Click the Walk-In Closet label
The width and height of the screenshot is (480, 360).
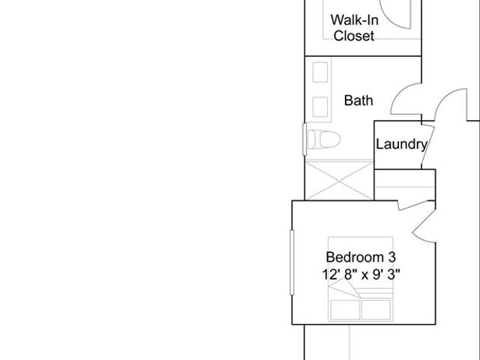[x=354, y=28]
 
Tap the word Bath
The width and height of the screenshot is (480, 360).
[x=358, y=100]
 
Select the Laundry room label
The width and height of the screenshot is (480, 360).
[x=401, y=144]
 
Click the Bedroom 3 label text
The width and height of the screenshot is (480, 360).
[x=361, y=257]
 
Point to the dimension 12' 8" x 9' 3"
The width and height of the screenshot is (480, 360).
[x=361, y=274]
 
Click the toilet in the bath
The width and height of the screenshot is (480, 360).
[x=323, y=139]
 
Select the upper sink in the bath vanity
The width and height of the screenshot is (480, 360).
[x=320, y=72]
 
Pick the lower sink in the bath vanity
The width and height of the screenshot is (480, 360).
[x=320, y=106]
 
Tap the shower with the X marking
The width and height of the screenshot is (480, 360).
[x=340, y=181]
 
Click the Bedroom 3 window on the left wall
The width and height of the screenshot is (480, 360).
[x=292, y=262]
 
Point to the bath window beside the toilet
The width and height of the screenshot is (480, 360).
[x=304, y=139]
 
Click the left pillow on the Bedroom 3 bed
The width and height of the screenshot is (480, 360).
[x=345, y=310]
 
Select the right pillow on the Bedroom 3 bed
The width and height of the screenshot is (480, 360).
[x=376, y=310]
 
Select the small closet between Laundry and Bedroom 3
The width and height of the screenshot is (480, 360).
[x=405, y=185]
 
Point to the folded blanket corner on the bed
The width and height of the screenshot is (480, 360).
[x=345, y=288]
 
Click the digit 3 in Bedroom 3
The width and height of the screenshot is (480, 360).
[x=392, y=257]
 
